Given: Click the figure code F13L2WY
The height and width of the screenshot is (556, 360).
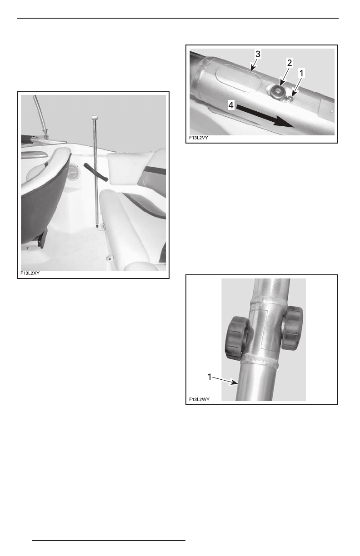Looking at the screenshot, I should pos(199,400).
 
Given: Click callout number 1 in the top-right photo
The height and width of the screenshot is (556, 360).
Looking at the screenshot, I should pos(300,72).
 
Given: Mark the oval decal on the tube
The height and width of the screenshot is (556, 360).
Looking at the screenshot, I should pos(238,78).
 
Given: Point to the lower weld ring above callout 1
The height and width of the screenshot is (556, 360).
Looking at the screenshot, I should pos(263,361).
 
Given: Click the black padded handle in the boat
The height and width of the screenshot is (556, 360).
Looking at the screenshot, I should pos(95,174).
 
